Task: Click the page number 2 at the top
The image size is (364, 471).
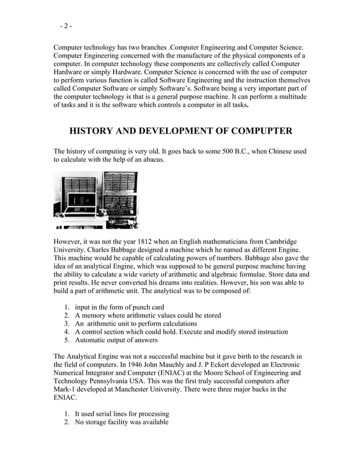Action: coord(66,26)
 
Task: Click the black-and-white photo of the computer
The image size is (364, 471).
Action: coord(96,200)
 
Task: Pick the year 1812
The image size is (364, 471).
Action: coord(141,241)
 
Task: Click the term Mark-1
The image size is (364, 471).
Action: coord(67,389)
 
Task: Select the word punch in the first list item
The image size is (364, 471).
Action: coord(135,307)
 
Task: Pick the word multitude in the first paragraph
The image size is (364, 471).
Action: coord(289,97)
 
